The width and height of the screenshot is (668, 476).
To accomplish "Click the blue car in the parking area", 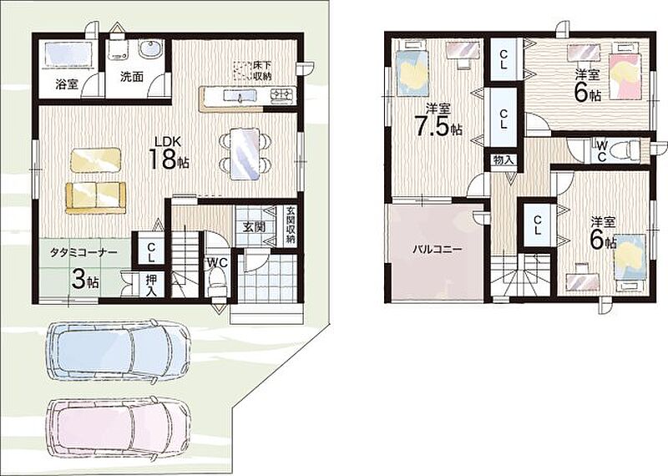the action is pyautogui.click(x=118, y=350).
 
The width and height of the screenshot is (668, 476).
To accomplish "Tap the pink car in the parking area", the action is pyautogui.click(x=118, y=427).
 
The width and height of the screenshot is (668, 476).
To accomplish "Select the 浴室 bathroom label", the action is pyautogui.click(x=67, y=84).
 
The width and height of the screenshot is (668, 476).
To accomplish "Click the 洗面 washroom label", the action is pyautogui.click(x=132, y=77).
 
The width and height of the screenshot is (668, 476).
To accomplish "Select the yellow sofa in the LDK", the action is pyautogui.click(x=96, y=197).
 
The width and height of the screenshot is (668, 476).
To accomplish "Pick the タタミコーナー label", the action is pyautogui.click(x=83, y=252).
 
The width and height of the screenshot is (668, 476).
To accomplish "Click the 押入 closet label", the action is pyautogui.click(x=151, y=285).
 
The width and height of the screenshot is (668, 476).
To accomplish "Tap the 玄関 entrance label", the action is pyautogui.click(x=254, y=226).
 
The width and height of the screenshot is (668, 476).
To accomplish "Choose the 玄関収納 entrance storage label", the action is pyautogui.click(x=290, y=225).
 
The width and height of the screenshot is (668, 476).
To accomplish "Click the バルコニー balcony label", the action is pyautogui.click(x=436, y=250).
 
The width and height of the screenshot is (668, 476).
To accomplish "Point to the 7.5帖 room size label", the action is pyautogui.click(x=438, y=126).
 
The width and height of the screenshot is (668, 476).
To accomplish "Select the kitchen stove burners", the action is pyautogui.click(x=282, y=94).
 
